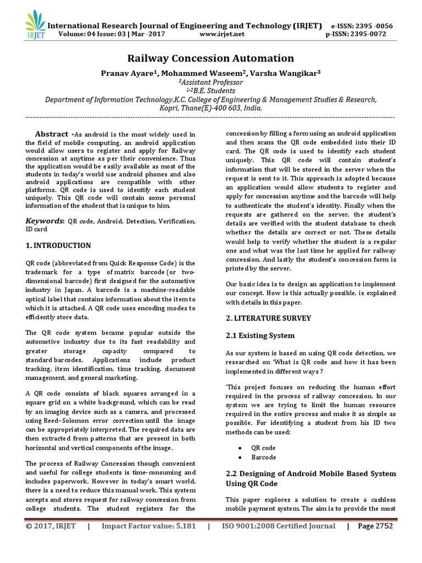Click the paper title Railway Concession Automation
[211, 58]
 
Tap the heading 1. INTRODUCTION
[59, 245]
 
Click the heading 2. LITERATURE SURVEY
[269, 318]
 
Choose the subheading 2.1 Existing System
[260, 335]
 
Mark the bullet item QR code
[263, 448]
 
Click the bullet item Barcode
[263, 457]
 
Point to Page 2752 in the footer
[376, 526]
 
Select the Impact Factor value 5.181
[148, 526]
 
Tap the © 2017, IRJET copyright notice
[51, 526]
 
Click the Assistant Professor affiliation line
[211, 82]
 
